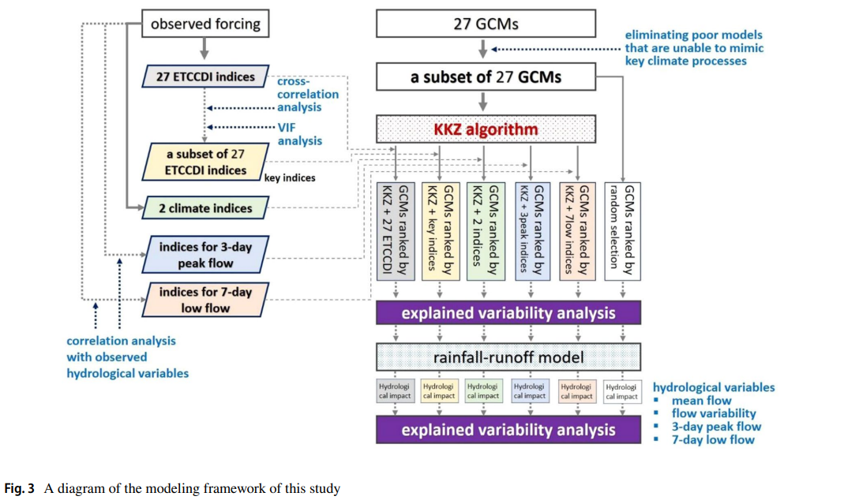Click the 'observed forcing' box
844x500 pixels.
[x=204, y=24]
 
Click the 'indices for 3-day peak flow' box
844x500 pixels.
[x=205, y=255]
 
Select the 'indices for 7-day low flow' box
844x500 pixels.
[x=205, y=300]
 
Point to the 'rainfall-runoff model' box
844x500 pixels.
[x=508, y=357]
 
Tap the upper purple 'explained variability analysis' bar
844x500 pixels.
[x=508, y=313]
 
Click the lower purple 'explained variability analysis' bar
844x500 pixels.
[x=508, y=430]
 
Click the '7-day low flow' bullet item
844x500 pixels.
[x=713, y=439]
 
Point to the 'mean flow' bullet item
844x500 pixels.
[x=701, y=401]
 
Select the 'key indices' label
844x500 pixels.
[x=290, y=178]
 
